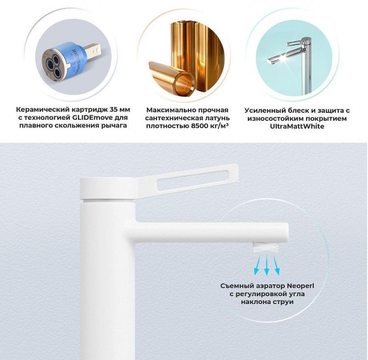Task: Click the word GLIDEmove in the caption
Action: click(x=89, y=118)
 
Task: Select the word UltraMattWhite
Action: click(x=297, y=126)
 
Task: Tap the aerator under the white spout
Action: click(x=265, y=248)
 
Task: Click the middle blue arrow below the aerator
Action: click(x=266, y=265)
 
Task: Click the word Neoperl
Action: click(x=300, y=286)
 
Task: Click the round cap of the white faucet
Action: click(x=108, y=189)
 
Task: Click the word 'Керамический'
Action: click(x=42, y=109)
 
